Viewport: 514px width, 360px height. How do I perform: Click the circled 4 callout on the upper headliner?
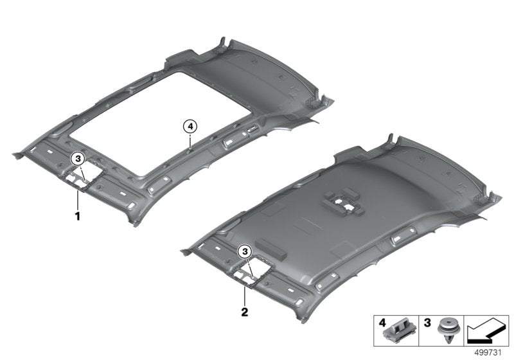(x=190, y=125)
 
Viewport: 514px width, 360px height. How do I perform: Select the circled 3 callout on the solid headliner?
(x=244, y=251)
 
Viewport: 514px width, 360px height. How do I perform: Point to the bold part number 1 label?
(x=77, y=217)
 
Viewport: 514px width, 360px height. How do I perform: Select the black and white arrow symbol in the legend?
(x=485, y=331)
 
